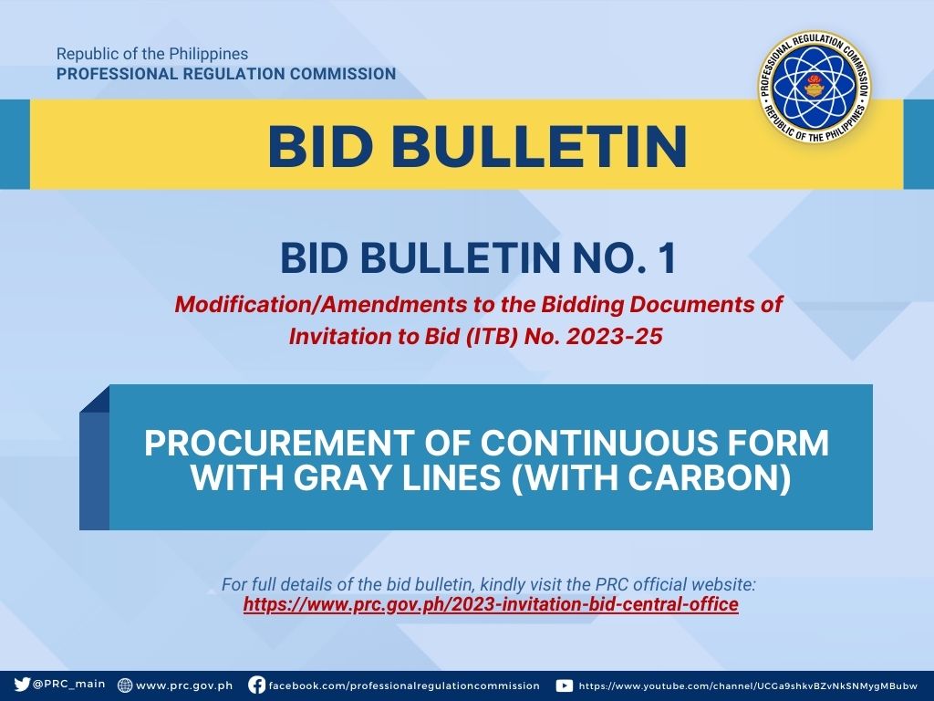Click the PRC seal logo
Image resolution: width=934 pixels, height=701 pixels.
(x=815, y=88)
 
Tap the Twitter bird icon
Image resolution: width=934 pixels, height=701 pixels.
(x=22, y=685)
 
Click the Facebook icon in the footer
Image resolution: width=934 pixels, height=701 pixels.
(x=256, y=685)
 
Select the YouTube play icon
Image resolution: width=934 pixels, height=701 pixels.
(x=564, y=685)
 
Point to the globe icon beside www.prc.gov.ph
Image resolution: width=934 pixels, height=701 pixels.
(x=125, y=685)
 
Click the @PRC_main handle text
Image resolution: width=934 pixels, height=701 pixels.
(x=69, y=685)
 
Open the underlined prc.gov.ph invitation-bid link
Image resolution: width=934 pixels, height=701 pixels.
(x=491, y=604)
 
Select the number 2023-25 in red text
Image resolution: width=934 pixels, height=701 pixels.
(x=614, y=337)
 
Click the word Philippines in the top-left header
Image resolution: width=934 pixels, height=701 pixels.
(x=209, y=54)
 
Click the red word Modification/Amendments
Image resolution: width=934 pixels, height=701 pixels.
(x=320, y=305)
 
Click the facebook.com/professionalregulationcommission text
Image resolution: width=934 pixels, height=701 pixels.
(x=404, y=685)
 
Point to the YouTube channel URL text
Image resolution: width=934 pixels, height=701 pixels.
(x=748, y=686)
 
